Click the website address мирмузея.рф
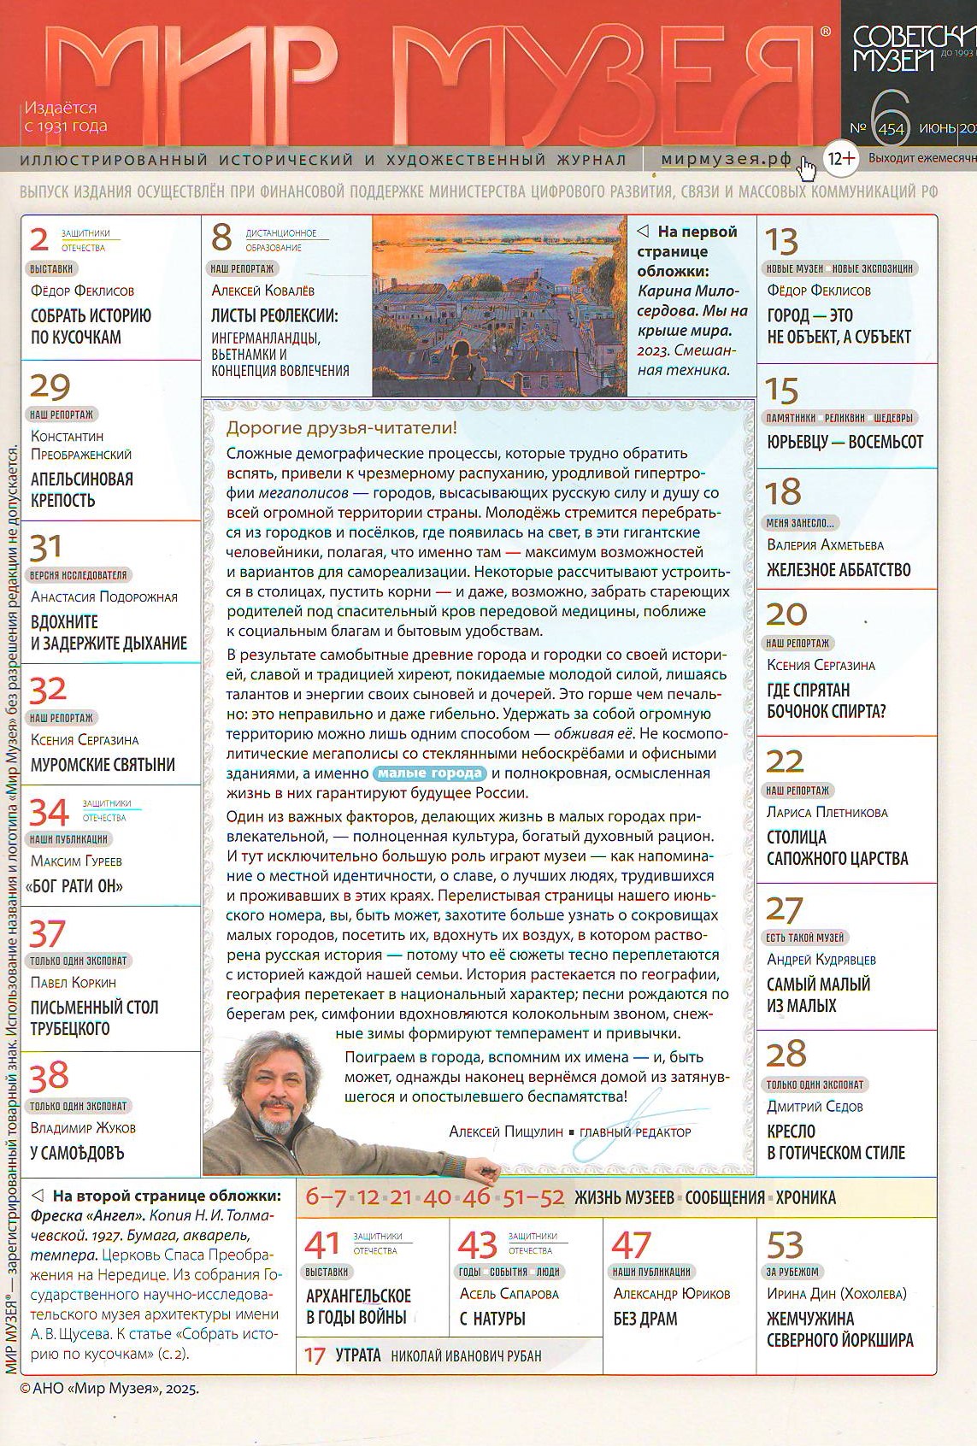[x=726, y=159]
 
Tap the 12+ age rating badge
[x=841, y=158]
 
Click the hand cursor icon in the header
[x=805, y=168]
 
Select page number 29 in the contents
[x=50, y=387]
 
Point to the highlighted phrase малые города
[x=429, y=773]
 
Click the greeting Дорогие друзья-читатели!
[x=341, y=427]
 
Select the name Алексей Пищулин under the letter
[x=505, y=1132]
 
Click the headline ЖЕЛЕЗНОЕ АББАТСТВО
[x=839, y=570]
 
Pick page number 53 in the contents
[x=785, y=1245]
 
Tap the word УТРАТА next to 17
[x=357, y=1355]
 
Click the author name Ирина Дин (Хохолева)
[x=836, y=1294]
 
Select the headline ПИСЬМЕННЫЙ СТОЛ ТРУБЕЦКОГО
[x=94, y=1018]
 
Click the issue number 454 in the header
[x=890, y=128]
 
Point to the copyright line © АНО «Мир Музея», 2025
[x=109, y=1389]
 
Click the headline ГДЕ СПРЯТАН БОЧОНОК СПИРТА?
[x=826, y=701]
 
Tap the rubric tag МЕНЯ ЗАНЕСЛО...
[x=800, y=523]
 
